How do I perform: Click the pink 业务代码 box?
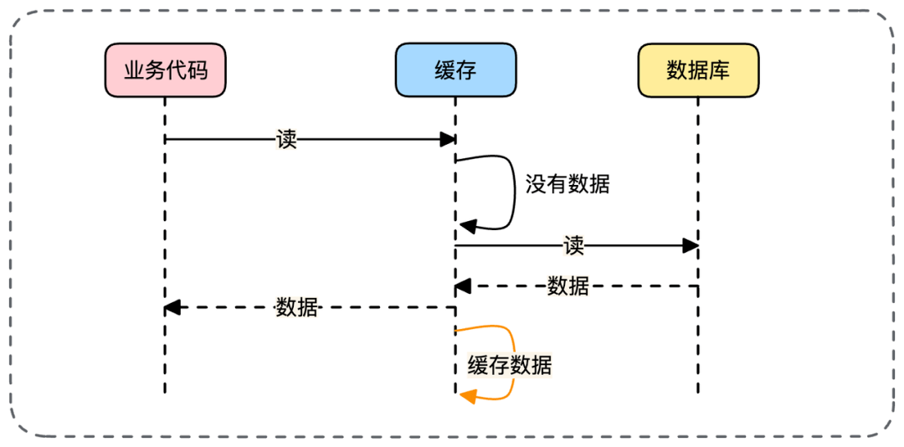(x=165, y=70)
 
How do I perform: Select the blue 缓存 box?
(x=455, y=70)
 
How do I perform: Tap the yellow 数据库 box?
(x=697, y=70)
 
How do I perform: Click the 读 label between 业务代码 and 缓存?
(x=286, y=139)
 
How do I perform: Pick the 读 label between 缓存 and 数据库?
(x=573, y=246)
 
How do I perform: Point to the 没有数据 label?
(x=568, y=184)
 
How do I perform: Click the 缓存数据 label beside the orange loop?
(x=510, y=365)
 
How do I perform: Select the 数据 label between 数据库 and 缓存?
(x=568, y=286)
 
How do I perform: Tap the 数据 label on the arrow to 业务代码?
(x=297, y=307)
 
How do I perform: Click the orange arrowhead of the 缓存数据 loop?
(x=466, y=394)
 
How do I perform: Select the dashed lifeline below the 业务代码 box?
(x=165, y=352)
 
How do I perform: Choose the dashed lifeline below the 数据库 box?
(x=697, y=352)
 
